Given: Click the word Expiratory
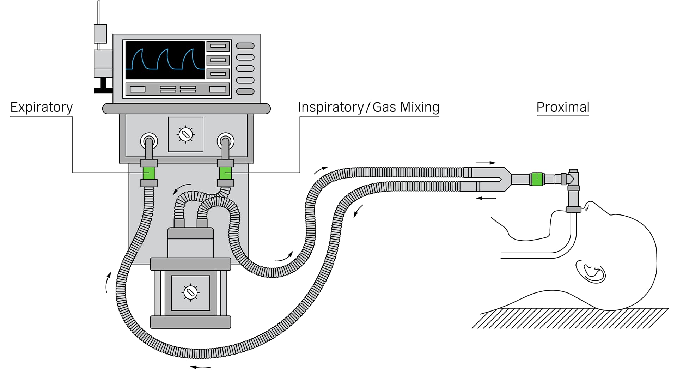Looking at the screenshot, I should point(41,107).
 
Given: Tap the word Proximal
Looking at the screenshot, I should point(563,107).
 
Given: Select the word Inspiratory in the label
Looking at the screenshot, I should point(330,107).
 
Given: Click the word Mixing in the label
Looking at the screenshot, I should point(422,107).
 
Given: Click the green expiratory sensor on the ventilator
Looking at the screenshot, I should point(149,173).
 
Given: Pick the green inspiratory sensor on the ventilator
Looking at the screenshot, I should point(225,173).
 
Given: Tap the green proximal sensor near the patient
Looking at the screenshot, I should point(537,179).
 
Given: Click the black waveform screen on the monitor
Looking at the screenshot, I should point(165,60).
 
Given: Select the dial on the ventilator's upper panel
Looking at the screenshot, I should point(186,134).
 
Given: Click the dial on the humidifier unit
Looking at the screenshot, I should point(191,292).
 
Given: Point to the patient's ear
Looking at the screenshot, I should point(591,272).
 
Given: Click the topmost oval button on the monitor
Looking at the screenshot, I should point(245,46).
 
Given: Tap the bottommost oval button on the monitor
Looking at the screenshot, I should point(245,91).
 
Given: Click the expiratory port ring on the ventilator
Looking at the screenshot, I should point(149,141).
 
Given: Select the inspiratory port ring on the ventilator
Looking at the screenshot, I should point(226,141).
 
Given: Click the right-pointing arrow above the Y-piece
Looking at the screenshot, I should point(486,163).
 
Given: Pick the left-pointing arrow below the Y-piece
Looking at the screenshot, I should point(486,198).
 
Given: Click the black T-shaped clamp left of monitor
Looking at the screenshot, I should point(103,86).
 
